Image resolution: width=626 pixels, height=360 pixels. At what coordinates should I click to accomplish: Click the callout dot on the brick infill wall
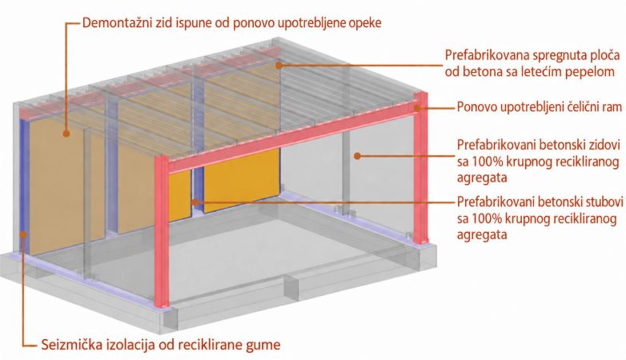pyautogui.click(x=66, y=134)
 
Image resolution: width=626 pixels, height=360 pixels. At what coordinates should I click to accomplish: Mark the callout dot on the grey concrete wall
pyautogui.click(x=357, y=156)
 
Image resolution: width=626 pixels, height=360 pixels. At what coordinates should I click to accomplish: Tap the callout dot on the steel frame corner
pyautogui.click(x=417, y=107)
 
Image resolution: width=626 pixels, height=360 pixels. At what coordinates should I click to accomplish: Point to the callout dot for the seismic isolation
pyautogui.click(x=23, y=234)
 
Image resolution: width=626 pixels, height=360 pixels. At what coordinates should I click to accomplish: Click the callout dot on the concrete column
pyautogui.click(x=195, y=202)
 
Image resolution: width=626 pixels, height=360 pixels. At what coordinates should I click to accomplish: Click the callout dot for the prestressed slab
pyautogui.click(x=279, y=65)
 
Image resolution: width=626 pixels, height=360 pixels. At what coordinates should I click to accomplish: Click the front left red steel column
pyautogui.click(x=162, y=231)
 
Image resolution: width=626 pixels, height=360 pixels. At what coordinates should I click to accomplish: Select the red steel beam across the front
pyautogui.click(x=291, y=137)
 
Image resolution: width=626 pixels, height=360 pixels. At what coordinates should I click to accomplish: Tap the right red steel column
pyautogui.click(x=420, y=168)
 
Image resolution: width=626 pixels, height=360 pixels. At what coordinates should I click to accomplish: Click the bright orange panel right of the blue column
pyautogui.click(x=242, y=180)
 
